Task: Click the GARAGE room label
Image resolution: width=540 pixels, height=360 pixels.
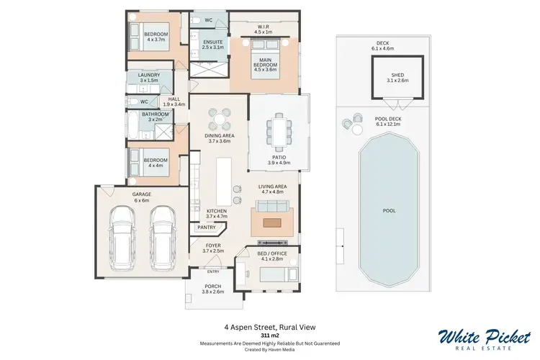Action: [x=140, y=194]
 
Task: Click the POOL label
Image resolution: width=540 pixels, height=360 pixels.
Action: [x=389, y=211]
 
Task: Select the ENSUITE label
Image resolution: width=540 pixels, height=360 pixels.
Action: [x=213, y=42]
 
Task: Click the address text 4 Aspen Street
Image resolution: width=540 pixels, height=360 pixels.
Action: [x=270, y=325]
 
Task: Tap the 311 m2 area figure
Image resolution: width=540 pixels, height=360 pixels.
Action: [x=270, y=335]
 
